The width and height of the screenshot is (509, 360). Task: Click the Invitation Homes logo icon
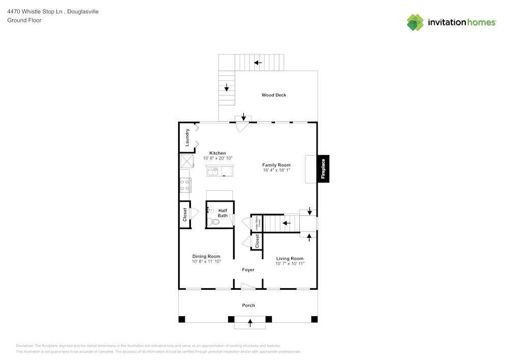coord(415,22)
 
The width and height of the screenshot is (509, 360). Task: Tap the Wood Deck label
coord(274,95)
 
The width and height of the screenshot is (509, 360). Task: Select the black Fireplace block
coord(323,169)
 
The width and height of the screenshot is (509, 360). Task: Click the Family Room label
coord(276,165)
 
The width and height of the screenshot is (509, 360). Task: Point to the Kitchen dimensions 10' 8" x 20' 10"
coord(218,158)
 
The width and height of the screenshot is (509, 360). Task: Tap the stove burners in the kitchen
coord(184,185)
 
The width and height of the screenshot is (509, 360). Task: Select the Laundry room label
coord(187,137)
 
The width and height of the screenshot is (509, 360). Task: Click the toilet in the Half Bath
coord(213,221)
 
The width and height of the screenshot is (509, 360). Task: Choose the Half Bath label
coord(223,213)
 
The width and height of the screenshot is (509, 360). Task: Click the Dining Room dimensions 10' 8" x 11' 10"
coord(206,262)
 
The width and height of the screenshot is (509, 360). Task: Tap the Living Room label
coord(290,259)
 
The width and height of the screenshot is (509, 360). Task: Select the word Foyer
coord(248,270)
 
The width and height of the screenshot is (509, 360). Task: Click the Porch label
coord(248,306)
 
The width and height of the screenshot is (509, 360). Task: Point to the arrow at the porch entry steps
coord(250,322)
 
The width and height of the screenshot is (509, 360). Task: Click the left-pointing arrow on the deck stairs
coord(258,63)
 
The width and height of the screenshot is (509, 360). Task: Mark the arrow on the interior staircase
coord(287,223)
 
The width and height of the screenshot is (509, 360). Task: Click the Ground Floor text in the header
coord(24,20)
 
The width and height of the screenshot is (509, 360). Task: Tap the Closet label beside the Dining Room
coord(185,214)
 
